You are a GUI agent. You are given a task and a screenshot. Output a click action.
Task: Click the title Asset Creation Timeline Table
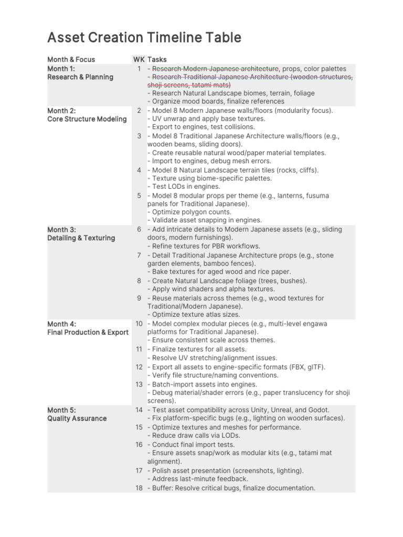[x=144, y=38]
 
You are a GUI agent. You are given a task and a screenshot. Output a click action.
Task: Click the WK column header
[x=139, y=60]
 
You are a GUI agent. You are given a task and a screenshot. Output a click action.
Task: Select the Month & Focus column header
[x=71, y=60]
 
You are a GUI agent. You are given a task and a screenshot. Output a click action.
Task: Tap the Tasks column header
[x=157, y=60]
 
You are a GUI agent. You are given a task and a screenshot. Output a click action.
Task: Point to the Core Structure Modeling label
[x=87, y=119]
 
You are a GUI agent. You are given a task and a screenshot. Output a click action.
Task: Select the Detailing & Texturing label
[x=81, y=238]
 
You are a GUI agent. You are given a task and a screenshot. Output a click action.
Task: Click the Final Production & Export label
[x=88, y=332]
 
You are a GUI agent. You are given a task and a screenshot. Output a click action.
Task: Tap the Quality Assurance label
[x=77, y=418]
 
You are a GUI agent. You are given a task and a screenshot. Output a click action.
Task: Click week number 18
[x=139, y=488]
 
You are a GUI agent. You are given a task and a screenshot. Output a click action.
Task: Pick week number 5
[x=139, y=196]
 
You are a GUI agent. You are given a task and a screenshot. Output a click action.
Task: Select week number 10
[x=139, y=324]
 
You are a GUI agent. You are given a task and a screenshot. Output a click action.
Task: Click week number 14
[x=139, y=410]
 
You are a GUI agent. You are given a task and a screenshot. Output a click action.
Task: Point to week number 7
[x=139, y=255]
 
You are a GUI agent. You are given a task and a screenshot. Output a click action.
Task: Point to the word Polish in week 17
[x=162, y=470]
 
